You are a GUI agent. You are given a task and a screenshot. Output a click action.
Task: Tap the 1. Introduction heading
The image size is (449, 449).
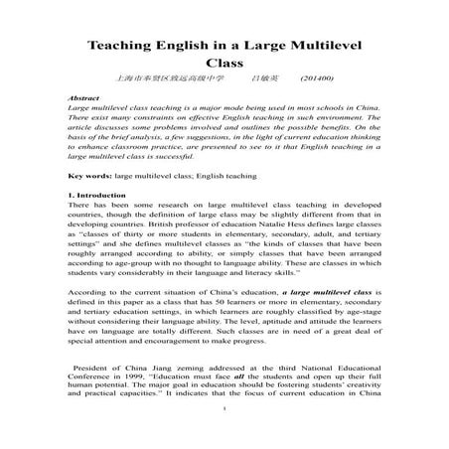point(97,197)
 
